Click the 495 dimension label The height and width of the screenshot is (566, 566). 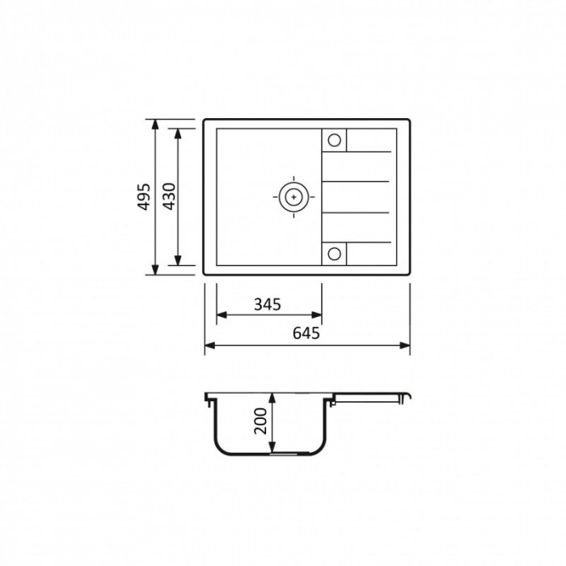[x=145, y=196]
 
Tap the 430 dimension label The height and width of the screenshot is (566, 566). [x=169, y=196]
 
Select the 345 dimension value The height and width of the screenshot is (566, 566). [x=268, y=305]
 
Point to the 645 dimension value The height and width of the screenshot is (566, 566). [x=306, y=333]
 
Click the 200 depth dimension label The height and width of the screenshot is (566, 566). [x=260, y=421]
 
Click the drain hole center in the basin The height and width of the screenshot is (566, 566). [x=294, y=197]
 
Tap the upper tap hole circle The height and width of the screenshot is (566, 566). [x=334, y=140]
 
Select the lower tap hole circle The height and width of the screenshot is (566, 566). [x=334, y=253]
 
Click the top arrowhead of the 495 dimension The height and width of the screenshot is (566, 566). [x=155, y=125]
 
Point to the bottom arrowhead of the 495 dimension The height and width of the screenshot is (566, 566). [x=155, y=269]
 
